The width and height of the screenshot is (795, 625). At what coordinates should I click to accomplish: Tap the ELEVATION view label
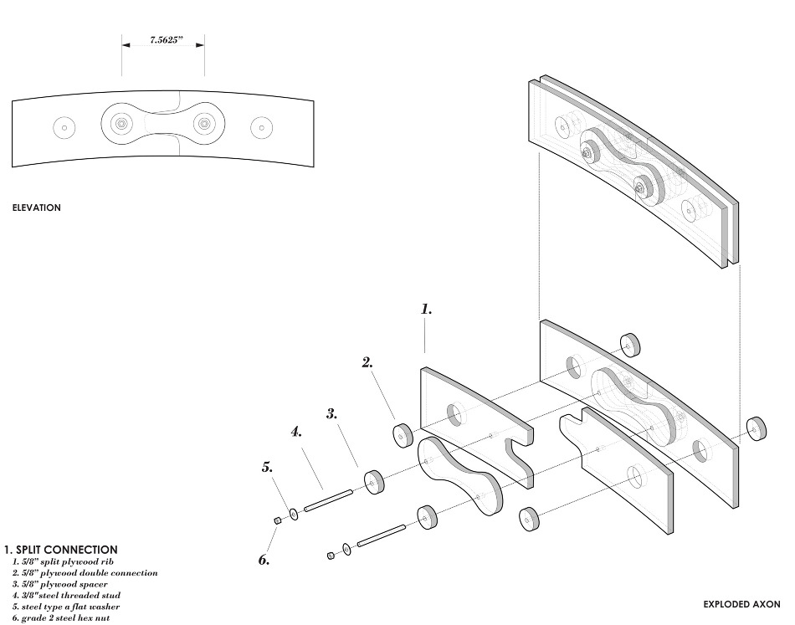pyautogui.click(x=36, y=207)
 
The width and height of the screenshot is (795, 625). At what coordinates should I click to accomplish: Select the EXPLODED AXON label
pyautogui.click(x=741, y=603)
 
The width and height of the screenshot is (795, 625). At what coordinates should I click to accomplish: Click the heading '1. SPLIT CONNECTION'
pyautogui.click(x=60, y=550)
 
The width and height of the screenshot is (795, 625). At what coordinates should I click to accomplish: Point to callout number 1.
pyautogui.click(x=426, y=310)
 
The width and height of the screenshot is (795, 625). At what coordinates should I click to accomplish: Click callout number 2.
pyautogui.click(x=367, y=363)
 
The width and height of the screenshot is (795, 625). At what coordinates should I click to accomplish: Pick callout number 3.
pyautogui.click(x=331, y=413)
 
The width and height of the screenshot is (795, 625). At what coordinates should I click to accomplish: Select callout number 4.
pyautogui.click(x=296, y=433)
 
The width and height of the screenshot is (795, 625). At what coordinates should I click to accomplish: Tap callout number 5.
pyautogui.click(x=268, y=469)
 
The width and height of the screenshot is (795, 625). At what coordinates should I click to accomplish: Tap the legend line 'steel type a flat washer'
pyautogui.click(x=66, y=607)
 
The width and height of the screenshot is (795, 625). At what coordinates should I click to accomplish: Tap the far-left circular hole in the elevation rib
pyautogui.click(x=64, y=128)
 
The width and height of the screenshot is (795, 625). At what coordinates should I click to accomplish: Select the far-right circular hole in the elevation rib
pyautogui.click(x=261, y=129)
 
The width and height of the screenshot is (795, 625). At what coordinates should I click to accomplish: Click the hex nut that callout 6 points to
pyautogui.click(x=277, y=521)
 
